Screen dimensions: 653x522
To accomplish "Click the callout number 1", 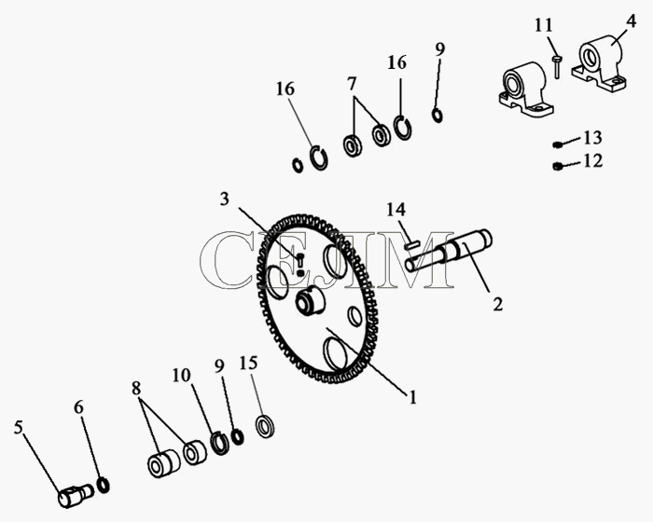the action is click(x=412, y=397).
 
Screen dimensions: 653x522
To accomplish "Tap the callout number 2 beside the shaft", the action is click(x=497, y=304).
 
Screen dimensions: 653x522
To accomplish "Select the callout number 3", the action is click(x=225, y=199).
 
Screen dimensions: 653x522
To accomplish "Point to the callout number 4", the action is click(x=631, y=21).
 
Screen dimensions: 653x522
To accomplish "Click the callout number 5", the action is click(x=18, y=427).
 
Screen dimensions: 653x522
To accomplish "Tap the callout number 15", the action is click(x=248, y=363).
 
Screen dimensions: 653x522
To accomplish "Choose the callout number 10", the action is click(x=182, y=375).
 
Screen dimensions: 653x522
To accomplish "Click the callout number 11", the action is click(x=544, y=25).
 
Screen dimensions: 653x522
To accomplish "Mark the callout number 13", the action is click(x=592, y=137).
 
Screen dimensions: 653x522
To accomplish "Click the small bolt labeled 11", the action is click(x=557, y=67).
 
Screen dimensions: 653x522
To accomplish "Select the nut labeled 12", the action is click(x=556, y=166).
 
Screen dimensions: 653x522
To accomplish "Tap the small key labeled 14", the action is click(x=412, y=245).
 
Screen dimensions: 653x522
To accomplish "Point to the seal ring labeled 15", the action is click(x=264, y=426).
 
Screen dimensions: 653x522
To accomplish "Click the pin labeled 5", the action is click(x=76, y=495).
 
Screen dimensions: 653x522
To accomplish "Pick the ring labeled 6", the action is click(x=103, y=486).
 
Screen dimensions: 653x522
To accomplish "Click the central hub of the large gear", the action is click(x=311, y=301).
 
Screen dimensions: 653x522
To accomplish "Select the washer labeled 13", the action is click(x=557, y=144).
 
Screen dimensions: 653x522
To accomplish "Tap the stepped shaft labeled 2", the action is click(x=448, y=251).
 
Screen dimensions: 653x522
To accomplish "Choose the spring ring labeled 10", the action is click(x=219, y=443).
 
